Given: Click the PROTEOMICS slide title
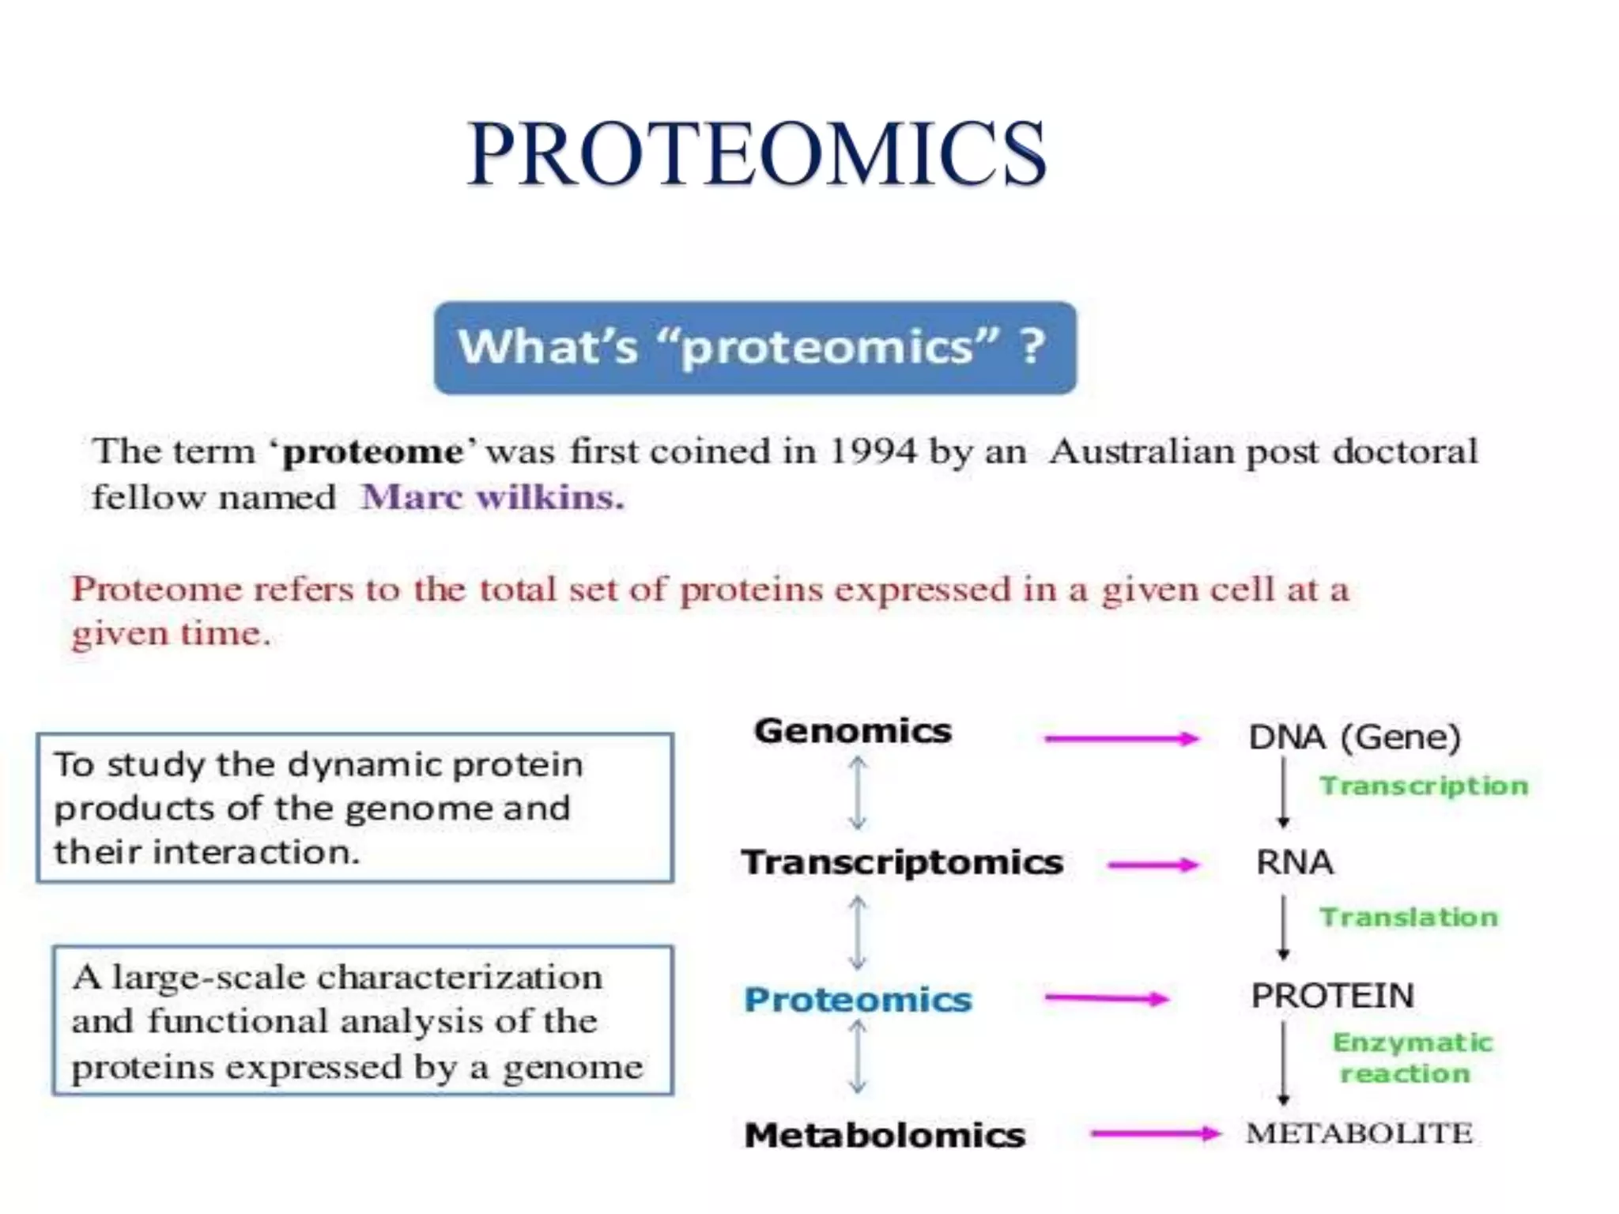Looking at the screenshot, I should click(x=757, y=154).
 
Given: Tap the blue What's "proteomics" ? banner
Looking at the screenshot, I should click(x=754, y=348).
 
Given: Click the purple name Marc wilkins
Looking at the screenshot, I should click(x=492, y=498).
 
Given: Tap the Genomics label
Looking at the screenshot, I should click(x=852, y=731).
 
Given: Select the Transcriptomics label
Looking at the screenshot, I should click(x=902, y=862).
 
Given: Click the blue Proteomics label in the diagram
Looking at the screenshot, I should click(x=858, y=1000).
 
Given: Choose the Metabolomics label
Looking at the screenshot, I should click(x=885, y=1136).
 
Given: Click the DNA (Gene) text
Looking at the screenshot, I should click(x=1354, y=737).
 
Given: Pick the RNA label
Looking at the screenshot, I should click(x=1295, y=862).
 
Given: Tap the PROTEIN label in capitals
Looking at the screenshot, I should click(x=1332, y=996).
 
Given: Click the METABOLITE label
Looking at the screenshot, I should click(x=1359, y=1133).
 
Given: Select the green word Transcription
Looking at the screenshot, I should click(x=1424, y=786).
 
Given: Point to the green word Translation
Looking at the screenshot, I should click(x=1409, y=917).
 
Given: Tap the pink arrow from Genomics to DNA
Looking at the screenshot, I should click(x=1121, y=739).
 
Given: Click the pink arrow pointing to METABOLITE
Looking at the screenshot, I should click(x=1154, y=1134).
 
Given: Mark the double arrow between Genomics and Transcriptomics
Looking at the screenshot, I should click(x=858, y=793).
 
